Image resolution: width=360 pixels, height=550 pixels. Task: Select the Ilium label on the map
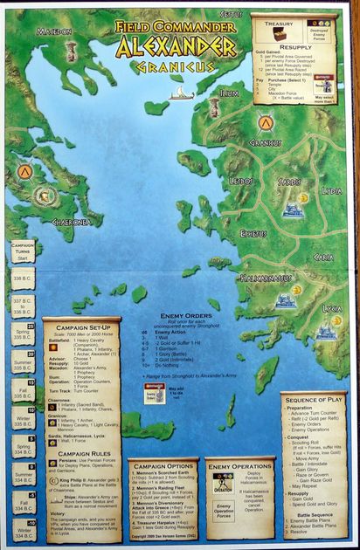point(229,91)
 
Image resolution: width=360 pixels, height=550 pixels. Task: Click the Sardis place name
point(289,182)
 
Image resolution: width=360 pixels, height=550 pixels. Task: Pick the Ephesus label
point(253,233)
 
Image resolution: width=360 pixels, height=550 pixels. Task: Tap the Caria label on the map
point(322,258)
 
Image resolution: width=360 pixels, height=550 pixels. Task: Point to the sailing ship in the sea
point(177,90)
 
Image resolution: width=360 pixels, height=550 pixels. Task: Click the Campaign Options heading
point(163,465)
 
